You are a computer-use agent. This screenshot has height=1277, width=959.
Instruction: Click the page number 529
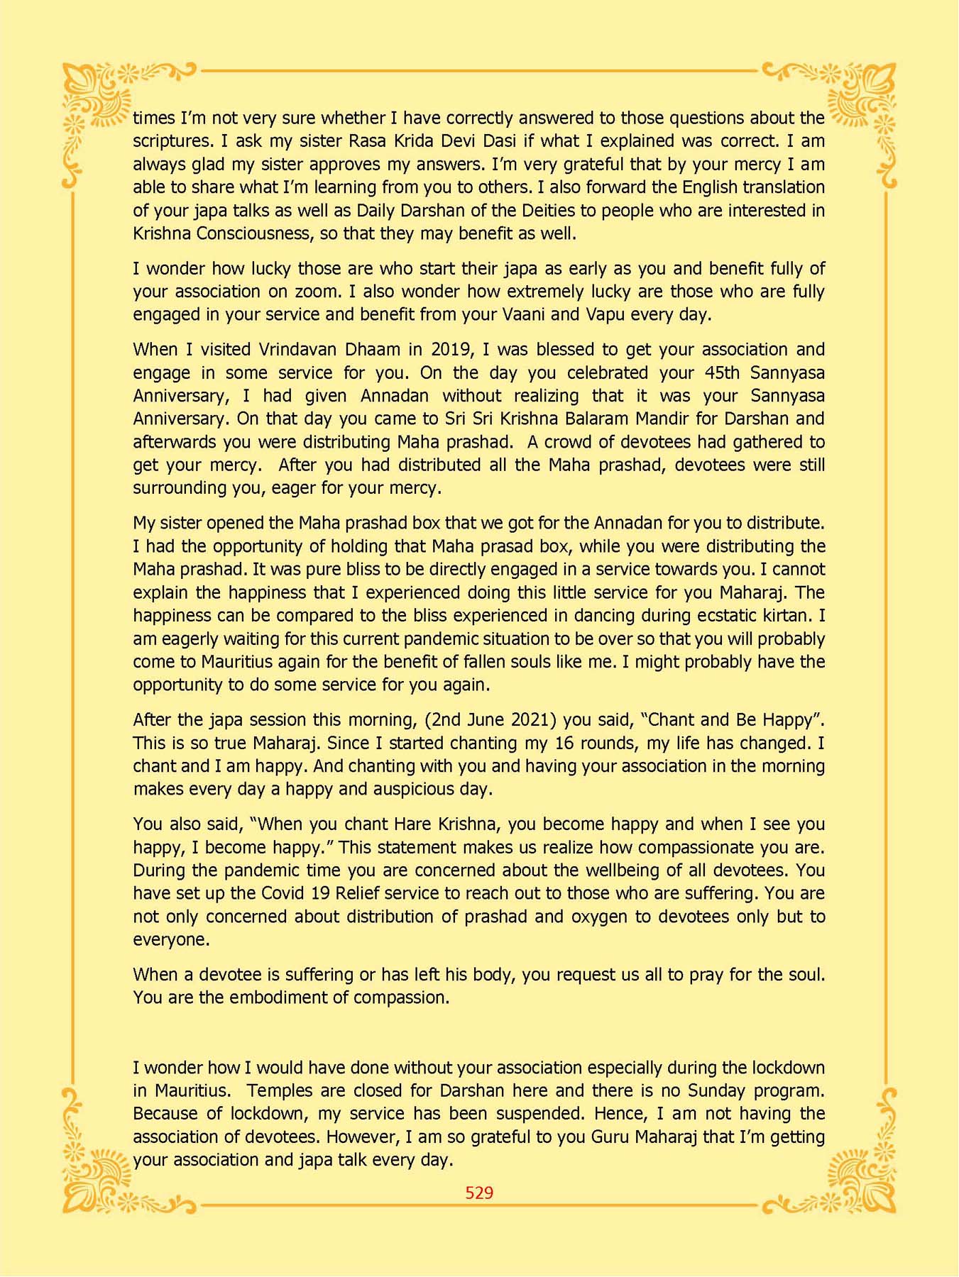pos(479,1193)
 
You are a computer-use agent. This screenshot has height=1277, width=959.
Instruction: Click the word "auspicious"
pos(415,790)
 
